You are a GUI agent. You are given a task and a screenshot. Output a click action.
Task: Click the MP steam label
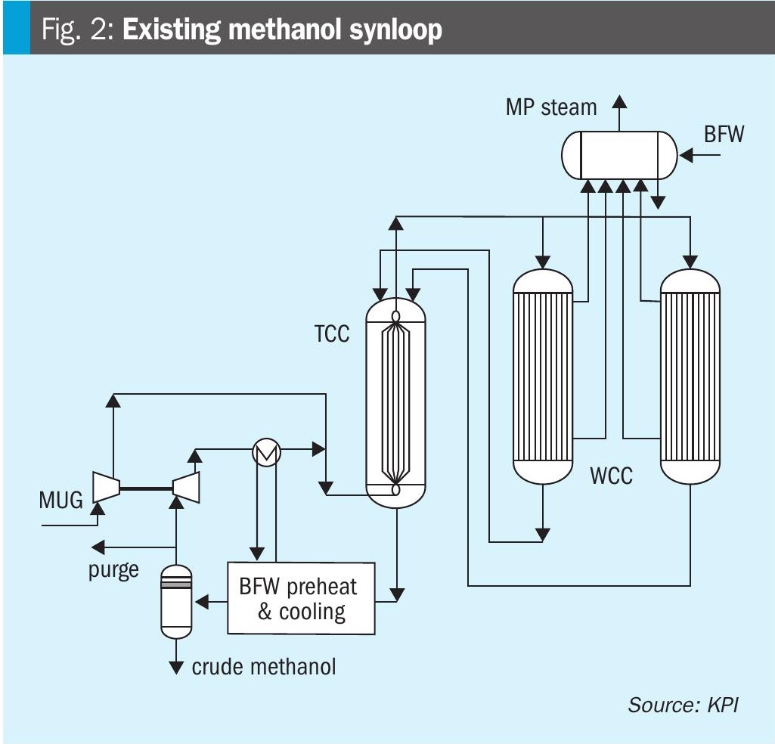tap(550, 107)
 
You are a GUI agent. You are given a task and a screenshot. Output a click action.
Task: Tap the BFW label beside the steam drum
tap(724, 135)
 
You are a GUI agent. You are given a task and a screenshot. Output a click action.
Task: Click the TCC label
tap(332, 333)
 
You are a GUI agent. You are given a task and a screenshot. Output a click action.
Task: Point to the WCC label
tap(611, 478)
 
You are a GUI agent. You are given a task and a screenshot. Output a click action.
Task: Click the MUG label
tap(61, 500)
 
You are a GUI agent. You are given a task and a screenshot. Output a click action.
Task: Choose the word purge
tap(113, 569)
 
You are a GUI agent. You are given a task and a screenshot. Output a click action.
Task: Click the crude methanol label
tap(264, 666)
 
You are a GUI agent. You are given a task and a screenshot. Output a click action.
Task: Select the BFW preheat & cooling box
tap(302, 598)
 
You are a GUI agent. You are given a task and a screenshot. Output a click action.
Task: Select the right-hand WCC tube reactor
tap(690, 376)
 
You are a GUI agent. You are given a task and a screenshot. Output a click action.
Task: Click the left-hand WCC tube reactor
tap(543, 376)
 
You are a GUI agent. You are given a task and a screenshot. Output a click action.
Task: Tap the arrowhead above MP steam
tap(620, 101)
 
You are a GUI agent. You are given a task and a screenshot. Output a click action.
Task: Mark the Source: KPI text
tap(682, 705)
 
